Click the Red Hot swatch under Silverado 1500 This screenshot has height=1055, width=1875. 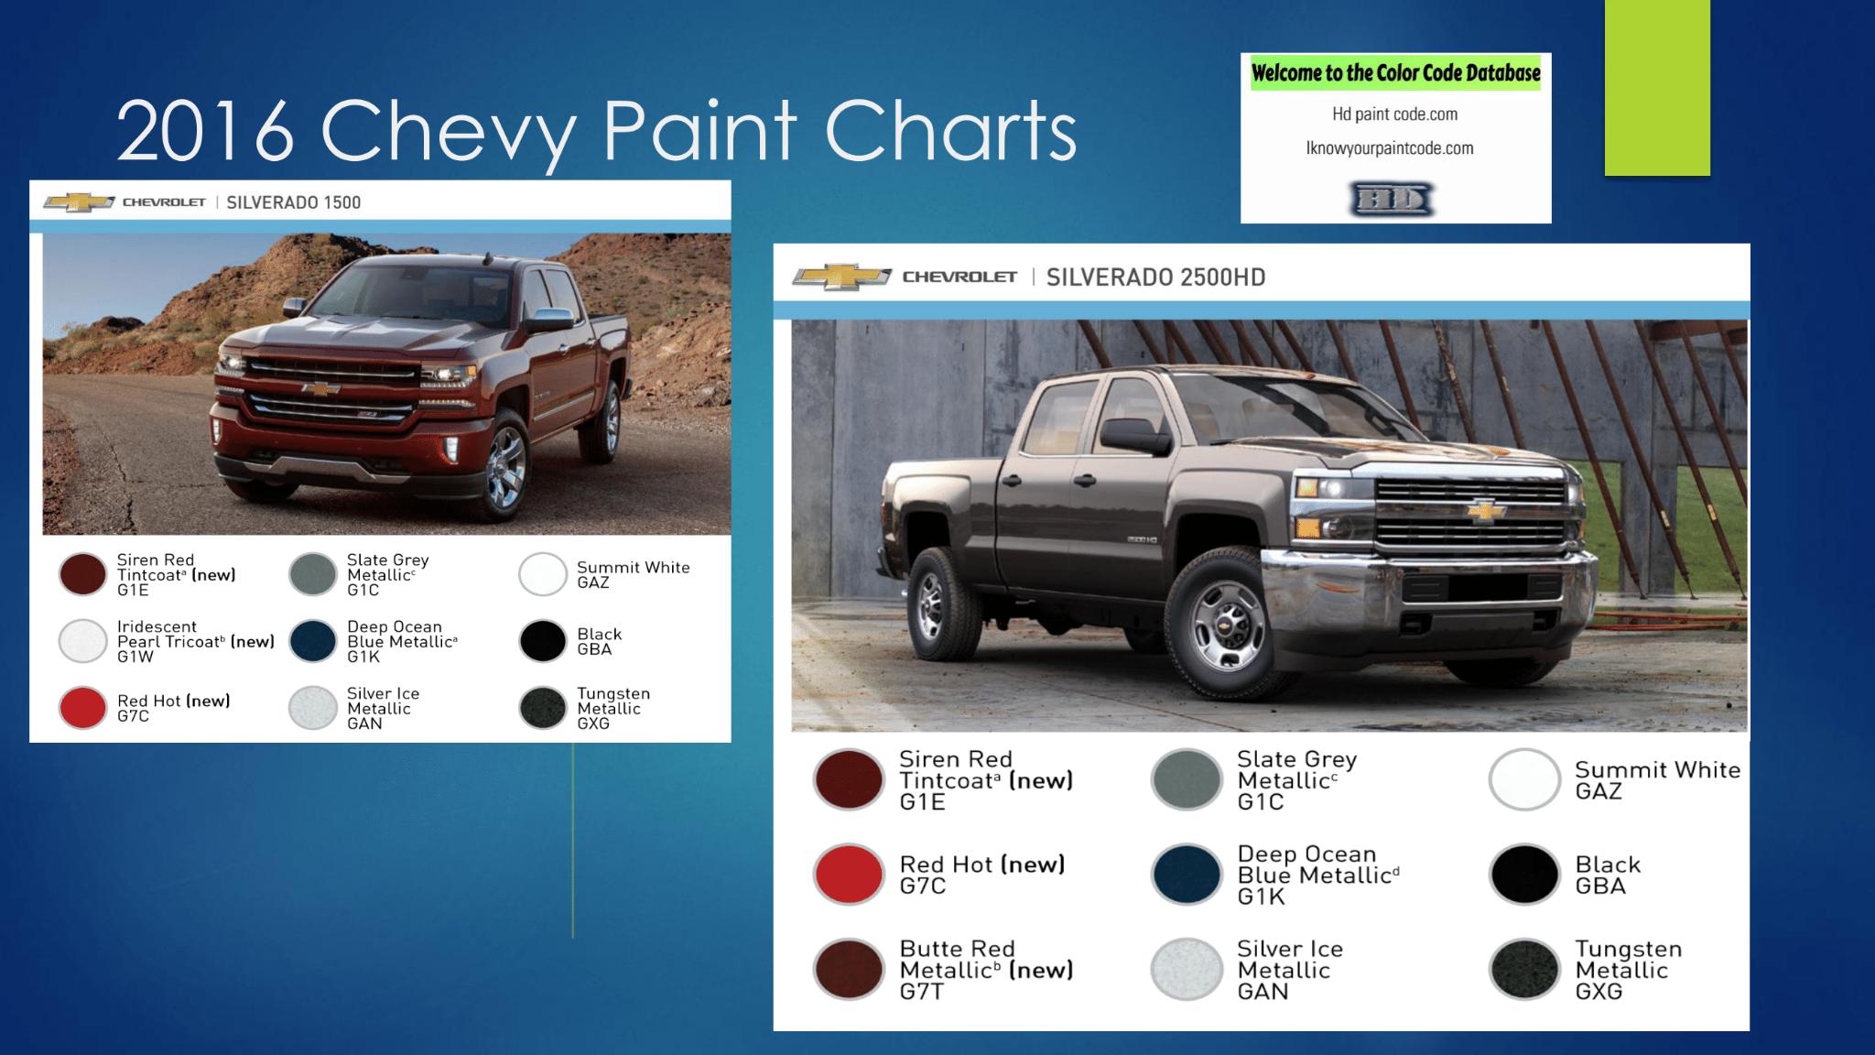(x=82, y=708)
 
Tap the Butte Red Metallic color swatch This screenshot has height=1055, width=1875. (x=848, y=970)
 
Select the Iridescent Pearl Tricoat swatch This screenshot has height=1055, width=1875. (x=82, y=641)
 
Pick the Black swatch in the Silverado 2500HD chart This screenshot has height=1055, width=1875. (x=1524, y=875)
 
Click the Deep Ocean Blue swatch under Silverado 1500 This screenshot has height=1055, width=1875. (x=313, y=641)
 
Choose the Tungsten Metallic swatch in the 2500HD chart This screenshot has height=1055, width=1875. (x=1524, y=970)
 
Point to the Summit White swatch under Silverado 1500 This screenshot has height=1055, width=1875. (x=543, y=574)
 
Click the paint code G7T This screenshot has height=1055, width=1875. (x=921, y=992)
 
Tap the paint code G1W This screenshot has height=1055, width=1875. (x=135, y=657)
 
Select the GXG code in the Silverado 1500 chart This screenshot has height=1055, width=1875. (x=593, y=723)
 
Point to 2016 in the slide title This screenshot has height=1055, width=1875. (x=205, y=131)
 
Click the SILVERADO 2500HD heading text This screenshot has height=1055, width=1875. (x=1155, y=277)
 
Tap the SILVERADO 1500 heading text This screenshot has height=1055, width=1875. (x=294, y=202)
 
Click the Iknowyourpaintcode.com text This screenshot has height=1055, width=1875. (x=1390, y=148)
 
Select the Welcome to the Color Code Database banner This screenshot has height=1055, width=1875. (x=1395, y=72)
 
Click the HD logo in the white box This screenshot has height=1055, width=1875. (x=1393, y=199)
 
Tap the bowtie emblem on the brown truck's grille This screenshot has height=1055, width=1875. (x=1487, y=510)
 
